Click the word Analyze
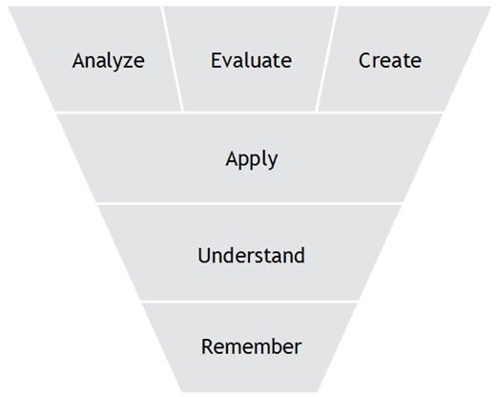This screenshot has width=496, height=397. tap(109, 61)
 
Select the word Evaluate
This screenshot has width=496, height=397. tap(251, 60)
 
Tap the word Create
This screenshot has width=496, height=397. tap(390, 60)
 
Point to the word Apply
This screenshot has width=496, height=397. tap(252, 159)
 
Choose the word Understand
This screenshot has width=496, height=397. tap(251, 255)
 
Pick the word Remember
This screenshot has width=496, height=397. tap(251, 346)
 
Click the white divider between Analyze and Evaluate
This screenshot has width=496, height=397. tap(172, 59)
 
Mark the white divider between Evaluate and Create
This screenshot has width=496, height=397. tap(326, 59)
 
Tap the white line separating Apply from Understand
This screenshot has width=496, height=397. tap(250, 203)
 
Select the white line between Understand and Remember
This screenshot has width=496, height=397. tap(250, 302)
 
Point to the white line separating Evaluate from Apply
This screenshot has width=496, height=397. tap(250, 113)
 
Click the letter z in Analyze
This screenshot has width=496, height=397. tap(121, 62)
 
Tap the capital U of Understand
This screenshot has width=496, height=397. tap(204, 255)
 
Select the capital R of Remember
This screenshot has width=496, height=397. tap(207, 346)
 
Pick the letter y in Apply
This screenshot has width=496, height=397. tap(272, 162)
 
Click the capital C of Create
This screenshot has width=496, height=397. tap(365, 60)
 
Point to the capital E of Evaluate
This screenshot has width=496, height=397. tap(217, 60)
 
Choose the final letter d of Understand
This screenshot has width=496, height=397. tap(299, 255)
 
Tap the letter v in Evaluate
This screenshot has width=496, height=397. tap(229, 62)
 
